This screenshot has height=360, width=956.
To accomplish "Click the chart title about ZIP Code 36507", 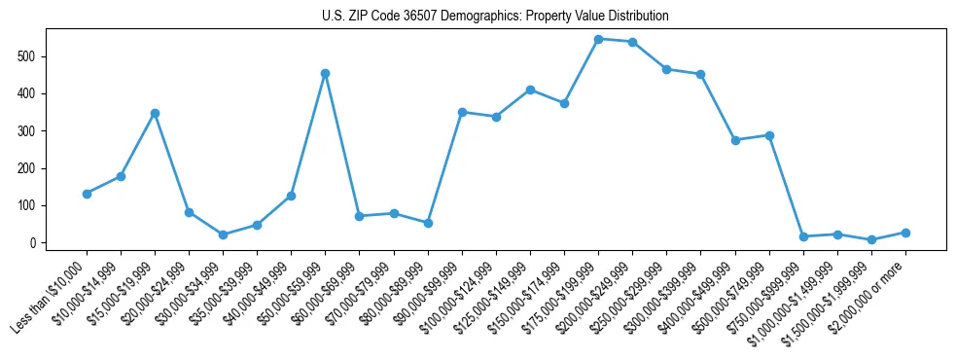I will point(495,17).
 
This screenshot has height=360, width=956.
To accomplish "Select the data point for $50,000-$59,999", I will point(326,73).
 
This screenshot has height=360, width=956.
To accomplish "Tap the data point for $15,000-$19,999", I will point(155,113).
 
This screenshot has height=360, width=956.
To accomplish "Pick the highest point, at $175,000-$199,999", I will point(598,39).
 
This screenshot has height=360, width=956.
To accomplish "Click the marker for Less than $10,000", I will point(87,194).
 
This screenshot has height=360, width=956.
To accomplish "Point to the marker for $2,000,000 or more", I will point(905,233).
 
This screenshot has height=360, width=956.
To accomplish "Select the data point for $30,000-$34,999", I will point(223,234).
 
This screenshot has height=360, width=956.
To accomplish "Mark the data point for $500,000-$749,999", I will point(769,135).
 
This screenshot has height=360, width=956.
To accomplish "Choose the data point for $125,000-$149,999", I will point(530,90).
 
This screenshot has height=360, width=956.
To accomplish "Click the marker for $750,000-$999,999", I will point(803,236).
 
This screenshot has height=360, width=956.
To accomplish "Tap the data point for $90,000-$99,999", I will point(462,112).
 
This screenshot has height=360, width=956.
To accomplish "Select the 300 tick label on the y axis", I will point(32,131).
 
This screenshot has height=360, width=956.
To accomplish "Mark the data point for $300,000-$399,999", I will point(700,74).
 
